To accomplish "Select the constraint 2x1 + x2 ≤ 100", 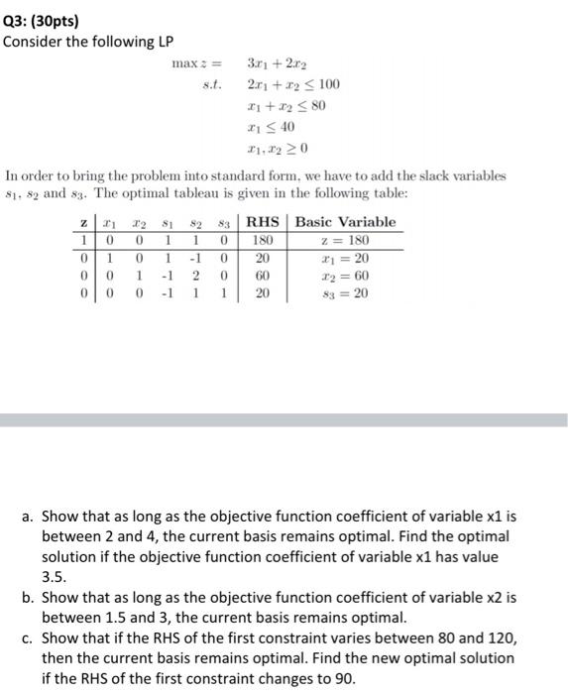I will click(x=286, y=85).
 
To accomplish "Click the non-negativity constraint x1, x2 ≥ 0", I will click(x=277, y=149).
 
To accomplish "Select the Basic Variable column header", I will click(x=345, y=222).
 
